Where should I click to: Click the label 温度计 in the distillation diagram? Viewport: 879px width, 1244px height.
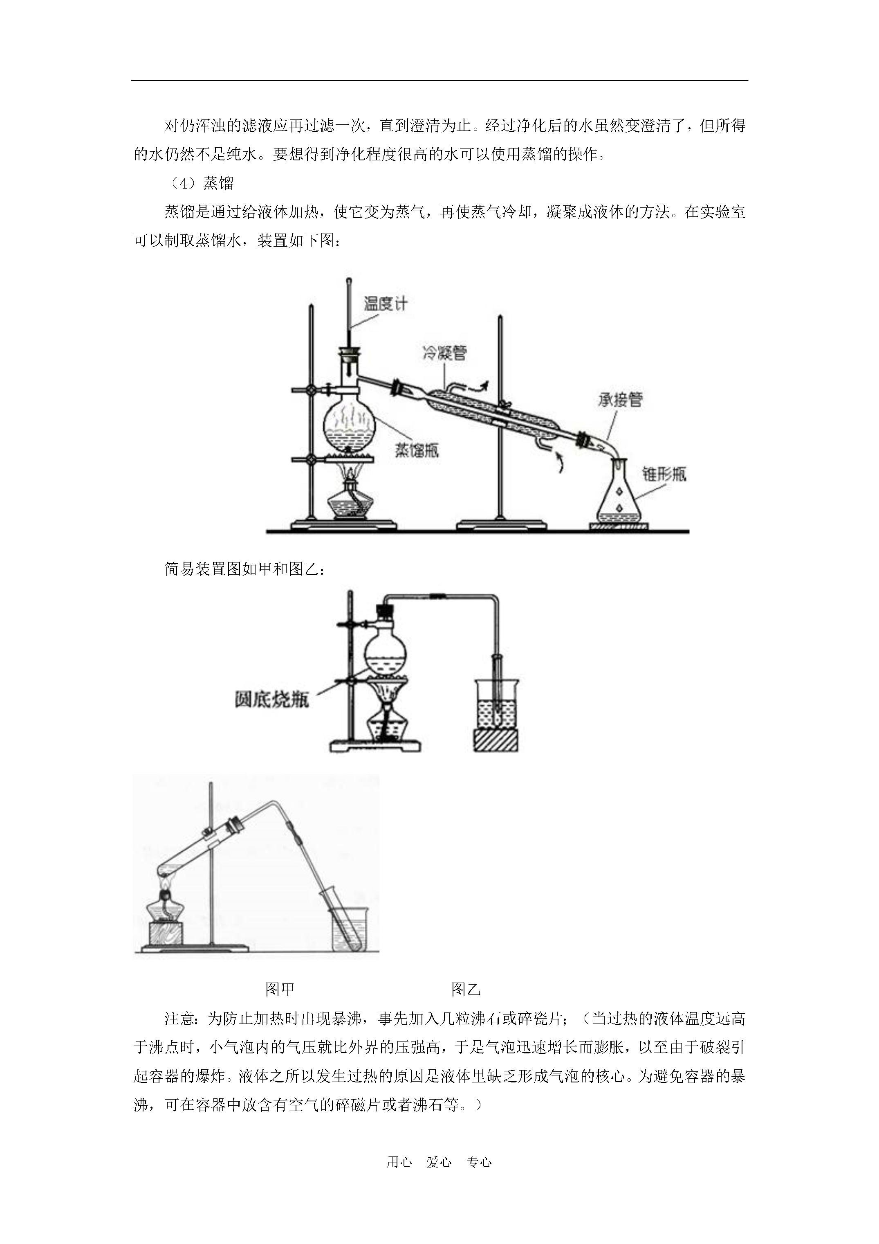click(x=385, y=304)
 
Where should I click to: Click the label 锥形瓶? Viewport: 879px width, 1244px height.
click(x=664, y=474)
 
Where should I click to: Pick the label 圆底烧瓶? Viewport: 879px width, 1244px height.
click(x=272, y=700)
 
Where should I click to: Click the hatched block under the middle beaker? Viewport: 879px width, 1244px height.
click(x=496, y=740)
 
